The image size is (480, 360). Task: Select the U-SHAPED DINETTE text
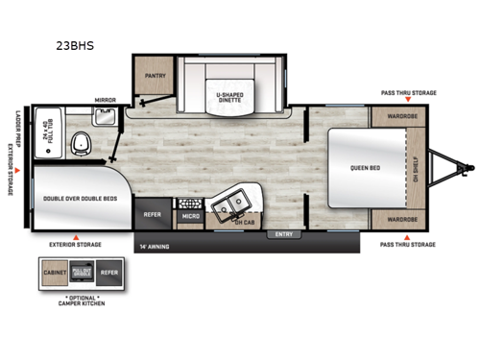coord(229,97)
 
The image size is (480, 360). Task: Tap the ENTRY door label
coord(284,233)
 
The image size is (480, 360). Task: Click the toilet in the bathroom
coord(81,146)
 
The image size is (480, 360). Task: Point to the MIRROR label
coord(105,100)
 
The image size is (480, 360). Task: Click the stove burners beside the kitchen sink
coord(188,204)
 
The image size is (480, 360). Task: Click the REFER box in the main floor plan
coord(152,214)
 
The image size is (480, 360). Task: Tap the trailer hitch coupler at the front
coord(450,167)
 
